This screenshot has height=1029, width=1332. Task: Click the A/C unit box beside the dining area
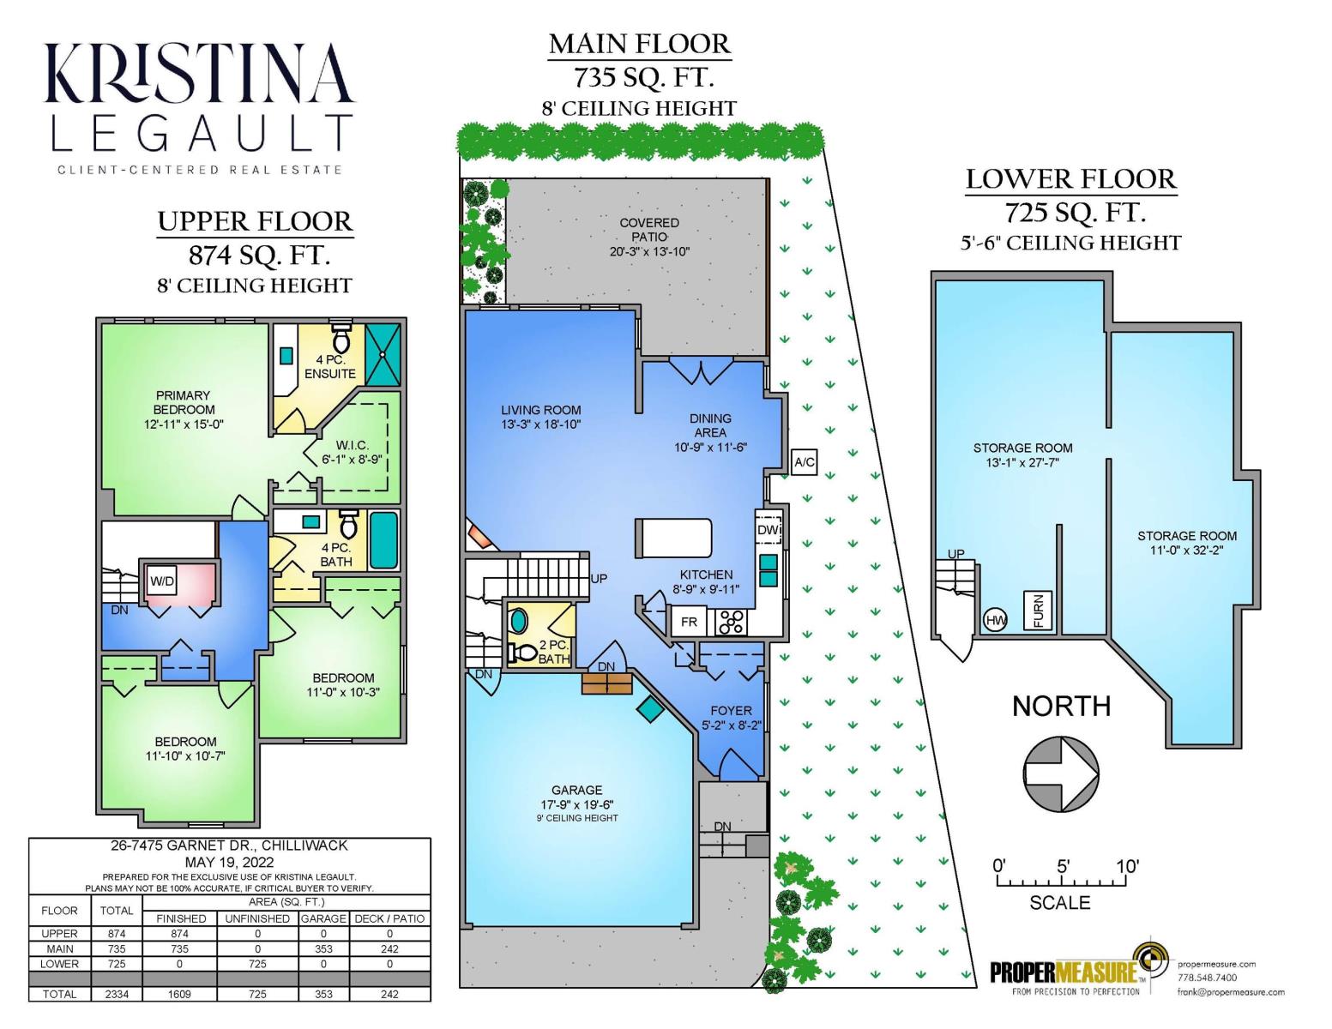(x=804, y=462)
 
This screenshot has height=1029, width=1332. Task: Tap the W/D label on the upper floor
(x=162, y=581)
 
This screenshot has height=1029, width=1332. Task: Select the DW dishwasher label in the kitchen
(x=768, y=530)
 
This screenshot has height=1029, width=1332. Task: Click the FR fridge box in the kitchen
(x=689, y=622)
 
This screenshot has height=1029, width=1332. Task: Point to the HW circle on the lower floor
(x=996, y=620)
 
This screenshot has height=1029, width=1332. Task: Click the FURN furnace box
(x=1038, y=611)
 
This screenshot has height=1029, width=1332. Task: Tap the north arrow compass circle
(x=1061, y=773)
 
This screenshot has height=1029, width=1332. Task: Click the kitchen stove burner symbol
(x=732, y=622)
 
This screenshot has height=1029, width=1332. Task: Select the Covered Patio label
(x=649, y=229)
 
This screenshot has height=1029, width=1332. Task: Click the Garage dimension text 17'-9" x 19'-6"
(x=577, y=804)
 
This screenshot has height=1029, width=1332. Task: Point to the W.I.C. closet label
(x=352, y=445)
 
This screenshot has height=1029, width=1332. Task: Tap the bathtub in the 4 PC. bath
(x=383, y=540)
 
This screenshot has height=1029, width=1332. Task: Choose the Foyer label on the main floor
(x=731, y=711)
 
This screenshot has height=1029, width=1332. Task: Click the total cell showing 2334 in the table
(x=117, y=994)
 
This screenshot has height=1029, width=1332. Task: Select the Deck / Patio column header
(x=390, y=918)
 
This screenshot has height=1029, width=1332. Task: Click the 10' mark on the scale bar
(x=1127, y=867)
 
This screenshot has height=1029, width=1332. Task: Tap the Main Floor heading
(x=639, y=44)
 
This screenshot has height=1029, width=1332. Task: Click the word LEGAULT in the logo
(x=202, y=132)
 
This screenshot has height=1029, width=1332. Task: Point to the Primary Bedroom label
(x=183, y=402)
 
